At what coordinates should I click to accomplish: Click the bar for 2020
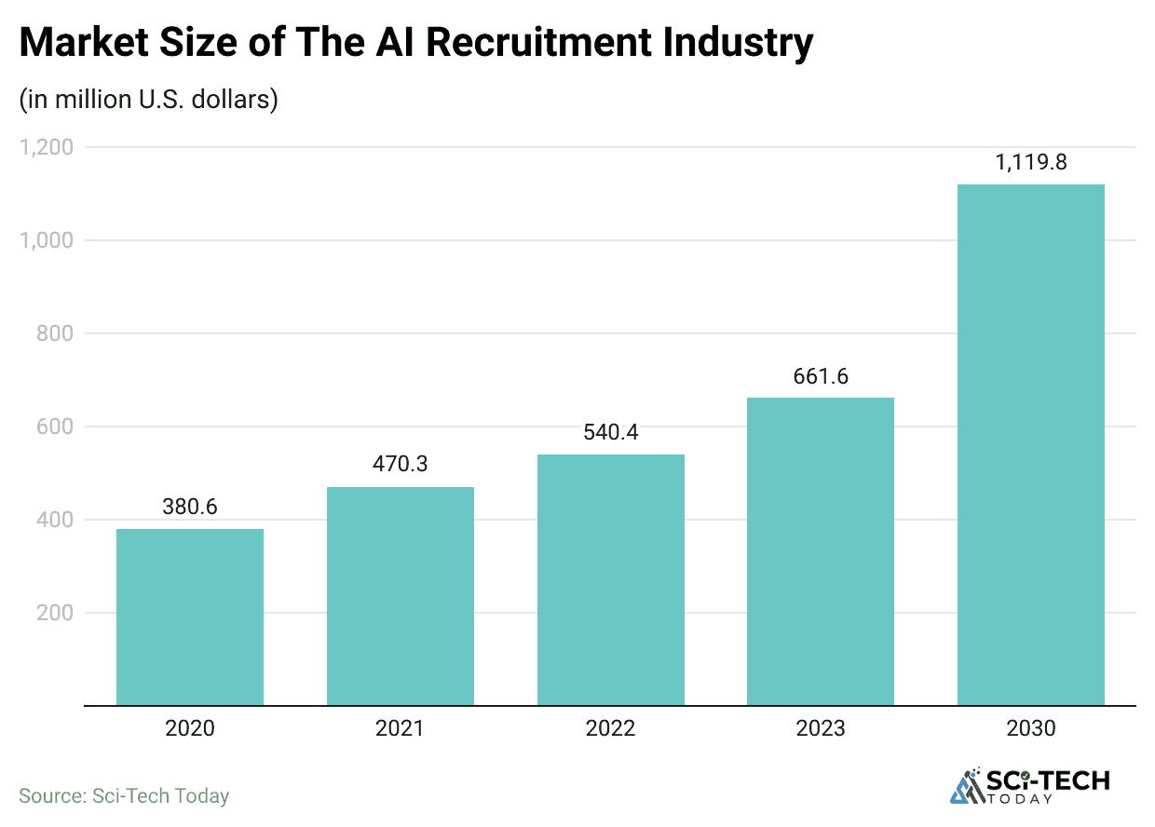tap(190, 617)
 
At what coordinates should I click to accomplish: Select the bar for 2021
tap(401, 596)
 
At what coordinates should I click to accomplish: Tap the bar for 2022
tap(611, 579)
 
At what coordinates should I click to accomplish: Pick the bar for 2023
tap(821, 551)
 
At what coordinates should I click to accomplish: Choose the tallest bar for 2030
tap(1031, 444)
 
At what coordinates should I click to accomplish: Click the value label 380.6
tap(190, 508)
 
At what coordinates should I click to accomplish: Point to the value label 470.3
tap(401, 463)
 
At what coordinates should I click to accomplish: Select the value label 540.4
tap(611, 432)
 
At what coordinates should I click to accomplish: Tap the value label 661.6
tap(821, 376)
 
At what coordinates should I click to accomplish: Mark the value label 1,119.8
tap(1031, 162)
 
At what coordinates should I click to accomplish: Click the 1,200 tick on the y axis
tap(46, 147)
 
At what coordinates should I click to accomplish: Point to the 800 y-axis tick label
tap(54, 333)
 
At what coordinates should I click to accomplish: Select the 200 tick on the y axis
tap(54, 613)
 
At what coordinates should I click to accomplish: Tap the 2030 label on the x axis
tap(1031, 728)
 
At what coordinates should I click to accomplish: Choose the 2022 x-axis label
tap(611, 728)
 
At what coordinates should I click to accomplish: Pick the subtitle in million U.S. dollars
tap(149, 100)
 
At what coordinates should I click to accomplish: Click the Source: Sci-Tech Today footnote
tap(124, 796)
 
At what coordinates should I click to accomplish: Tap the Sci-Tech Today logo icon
tap(969, 787)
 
